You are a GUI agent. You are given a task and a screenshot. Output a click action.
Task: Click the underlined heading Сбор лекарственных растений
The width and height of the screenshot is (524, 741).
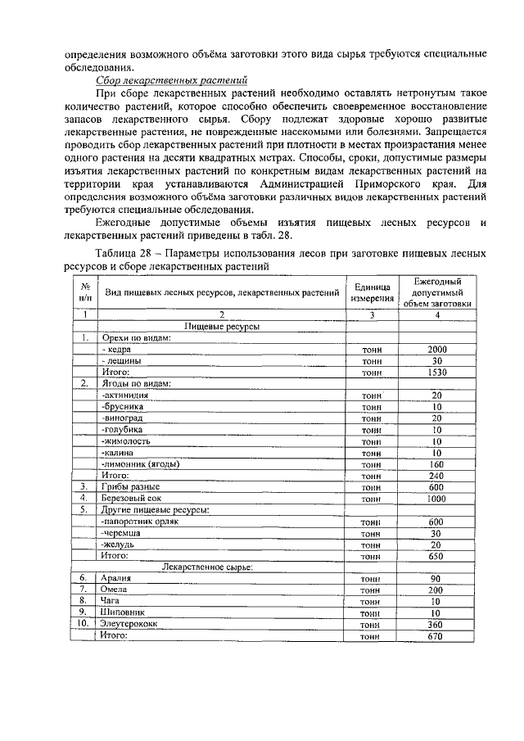(x=172, y=81)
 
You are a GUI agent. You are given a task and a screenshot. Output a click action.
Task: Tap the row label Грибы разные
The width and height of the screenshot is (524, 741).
(x=130, y=486)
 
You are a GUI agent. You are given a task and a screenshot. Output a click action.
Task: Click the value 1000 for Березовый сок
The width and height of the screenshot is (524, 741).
(x=436, y=498)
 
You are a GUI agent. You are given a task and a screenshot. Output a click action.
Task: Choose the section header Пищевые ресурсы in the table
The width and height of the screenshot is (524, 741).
(x=222, y=327)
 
